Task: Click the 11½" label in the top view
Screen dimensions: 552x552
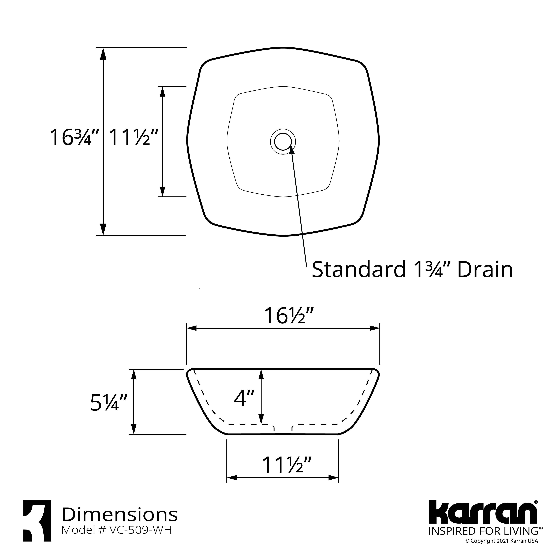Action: pos(133,137)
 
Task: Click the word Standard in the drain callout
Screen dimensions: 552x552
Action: pos(358,269)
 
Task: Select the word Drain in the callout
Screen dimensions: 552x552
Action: pos(485,269)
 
